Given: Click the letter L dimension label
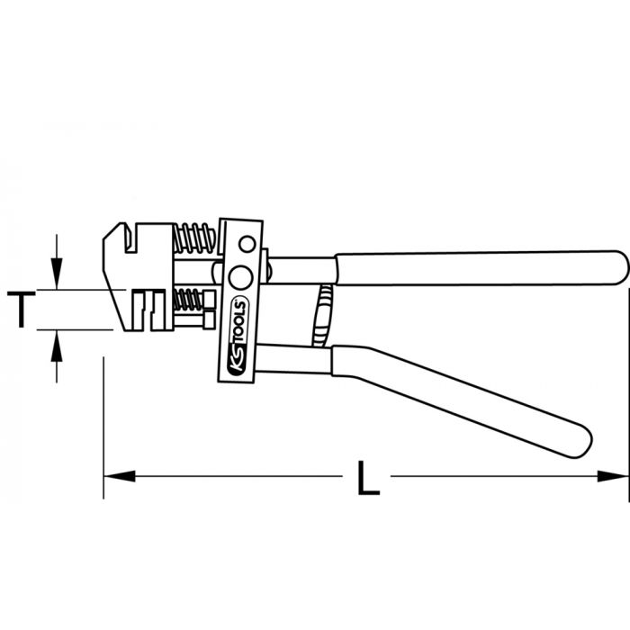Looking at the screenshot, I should click(x=365, y=477).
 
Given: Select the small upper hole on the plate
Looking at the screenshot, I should click(x=246, y=244).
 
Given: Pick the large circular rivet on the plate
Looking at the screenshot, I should click(x=239, y=275).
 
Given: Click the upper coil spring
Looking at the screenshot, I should click(x=194, y=239).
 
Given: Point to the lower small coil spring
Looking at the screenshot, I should click(x=189, y=298).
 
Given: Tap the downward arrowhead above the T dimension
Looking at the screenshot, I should click(x=58, y=275).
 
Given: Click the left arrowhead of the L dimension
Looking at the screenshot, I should click(x=117, y=474).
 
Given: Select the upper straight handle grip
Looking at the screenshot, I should click(x=477, y=267).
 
